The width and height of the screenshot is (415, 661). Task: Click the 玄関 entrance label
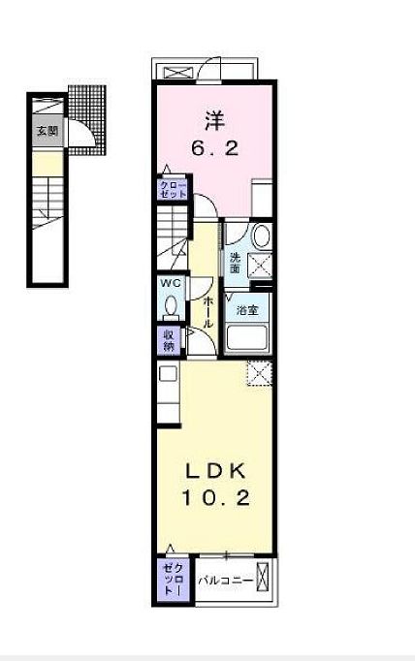pos(47,131)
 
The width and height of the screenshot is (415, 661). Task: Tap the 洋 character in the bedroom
pos(214,121)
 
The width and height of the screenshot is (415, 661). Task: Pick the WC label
pos(171,283)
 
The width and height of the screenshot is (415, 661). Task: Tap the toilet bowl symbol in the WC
pos(172,305)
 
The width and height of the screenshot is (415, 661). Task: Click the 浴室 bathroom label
pos(246,310)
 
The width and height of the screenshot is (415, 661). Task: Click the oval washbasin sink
pos(260,238)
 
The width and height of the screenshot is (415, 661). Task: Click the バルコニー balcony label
pos(226,581)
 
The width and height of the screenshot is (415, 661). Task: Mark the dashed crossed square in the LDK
pos(260,373)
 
